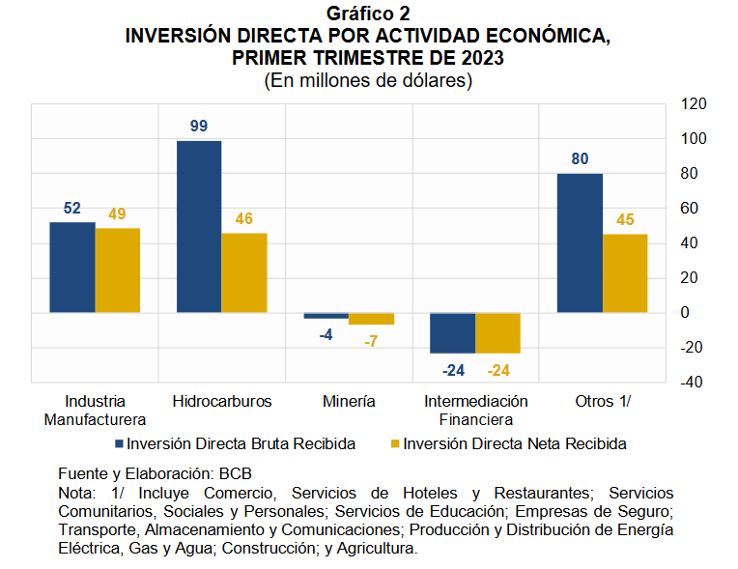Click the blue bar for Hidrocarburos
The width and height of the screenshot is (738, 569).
[199, 227]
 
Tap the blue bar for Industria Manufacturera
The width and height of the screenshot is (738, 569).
[72, 268]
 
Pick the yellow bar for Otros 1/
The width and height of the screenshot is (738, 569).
[625, 273]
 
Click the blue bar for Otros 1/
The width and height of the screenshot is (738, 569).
[580, 243]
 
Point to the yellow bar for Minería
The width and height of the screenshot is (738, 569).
[371, 319]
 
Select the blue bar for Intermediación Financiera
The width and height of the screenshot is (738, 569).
[452, 333]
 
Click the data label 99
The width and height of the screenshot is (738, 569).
[199, 127]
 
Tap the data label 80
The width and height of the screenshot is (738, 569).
[580, 159]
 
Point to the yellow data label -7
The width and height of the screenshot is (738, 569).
[370, 341]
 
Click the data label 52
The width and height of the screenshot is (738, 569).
[72, 208]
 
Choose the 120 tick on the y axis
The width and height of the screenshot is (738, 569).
[694, 104]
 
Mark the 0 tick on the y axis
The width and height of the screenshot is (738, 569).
[686, 313]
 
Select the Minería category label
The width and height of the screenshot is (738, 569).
[350, 401]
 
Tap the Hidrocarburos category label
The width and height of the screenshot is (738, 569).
[221, 401]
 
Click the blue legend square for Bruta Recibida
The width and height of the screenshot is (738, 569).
[120, 444]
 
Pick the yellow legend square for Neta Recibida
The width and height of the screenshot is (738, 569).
[394, 444]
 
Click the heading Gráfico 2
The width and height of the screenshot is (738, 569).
[368, 14]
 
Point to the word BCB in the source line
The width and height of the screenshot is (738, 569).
[236, 475]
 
